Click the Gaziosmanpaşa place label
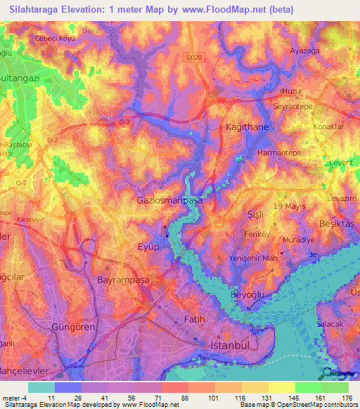point(169,200)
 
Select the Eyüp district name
point(148,247)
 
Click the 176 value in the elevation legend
point(346,398)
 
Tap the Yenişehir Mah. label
point(251,258)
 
